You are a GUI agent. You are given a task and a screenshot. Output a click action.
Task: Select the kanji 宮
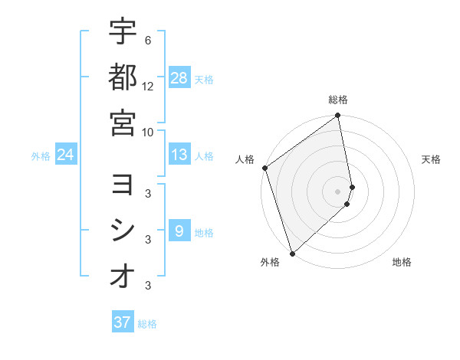[x=123, y=123]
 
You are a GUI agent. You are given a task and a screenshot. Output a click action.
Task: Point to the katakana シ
[x=123, y=230]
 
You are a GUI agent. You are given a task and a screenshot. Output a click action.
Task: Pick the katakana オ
[x=123, y=276]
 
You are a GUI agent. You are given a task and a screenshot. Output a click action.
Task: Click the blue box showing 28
[x=179, y=77]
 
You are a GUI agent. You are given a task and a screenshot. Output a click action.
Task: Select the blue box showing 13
[x=179, y=155]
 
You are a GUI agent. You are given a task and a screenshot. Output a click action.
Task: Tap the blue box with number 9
[x=179, y=231]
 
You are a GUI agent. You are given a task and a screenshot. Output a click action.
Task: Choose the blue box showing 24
[x=66, y=155]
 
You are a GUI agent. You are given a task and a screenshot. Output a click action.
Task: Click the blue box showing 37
[x=123, y=322]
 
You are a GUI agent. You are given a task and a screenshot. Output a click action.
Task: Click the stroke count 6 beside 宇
[x=147, y=40]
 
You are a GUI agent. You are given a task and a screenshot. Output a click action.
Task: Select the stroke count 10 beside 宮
[x=148, y=131]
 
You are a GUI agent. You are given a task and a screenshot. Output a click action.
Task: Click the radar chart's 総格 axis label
[x=338, y=100]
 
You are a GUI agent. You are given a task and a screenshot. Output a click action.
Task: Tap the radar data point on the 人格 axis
[x=264, y=169]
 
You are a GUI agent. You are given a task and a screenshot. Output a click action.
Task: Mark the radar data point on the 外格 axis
[x=292, y=253]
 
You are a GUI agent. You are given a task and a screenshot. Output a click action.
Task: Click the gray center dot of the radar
[x=338, y=191]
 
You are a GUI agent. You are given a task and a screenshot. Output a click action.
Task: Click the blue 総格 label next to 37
[x=147, y=324]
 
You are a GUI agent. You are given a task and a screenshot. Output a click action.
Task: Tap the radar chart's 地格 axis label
[x=402, y=262]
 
